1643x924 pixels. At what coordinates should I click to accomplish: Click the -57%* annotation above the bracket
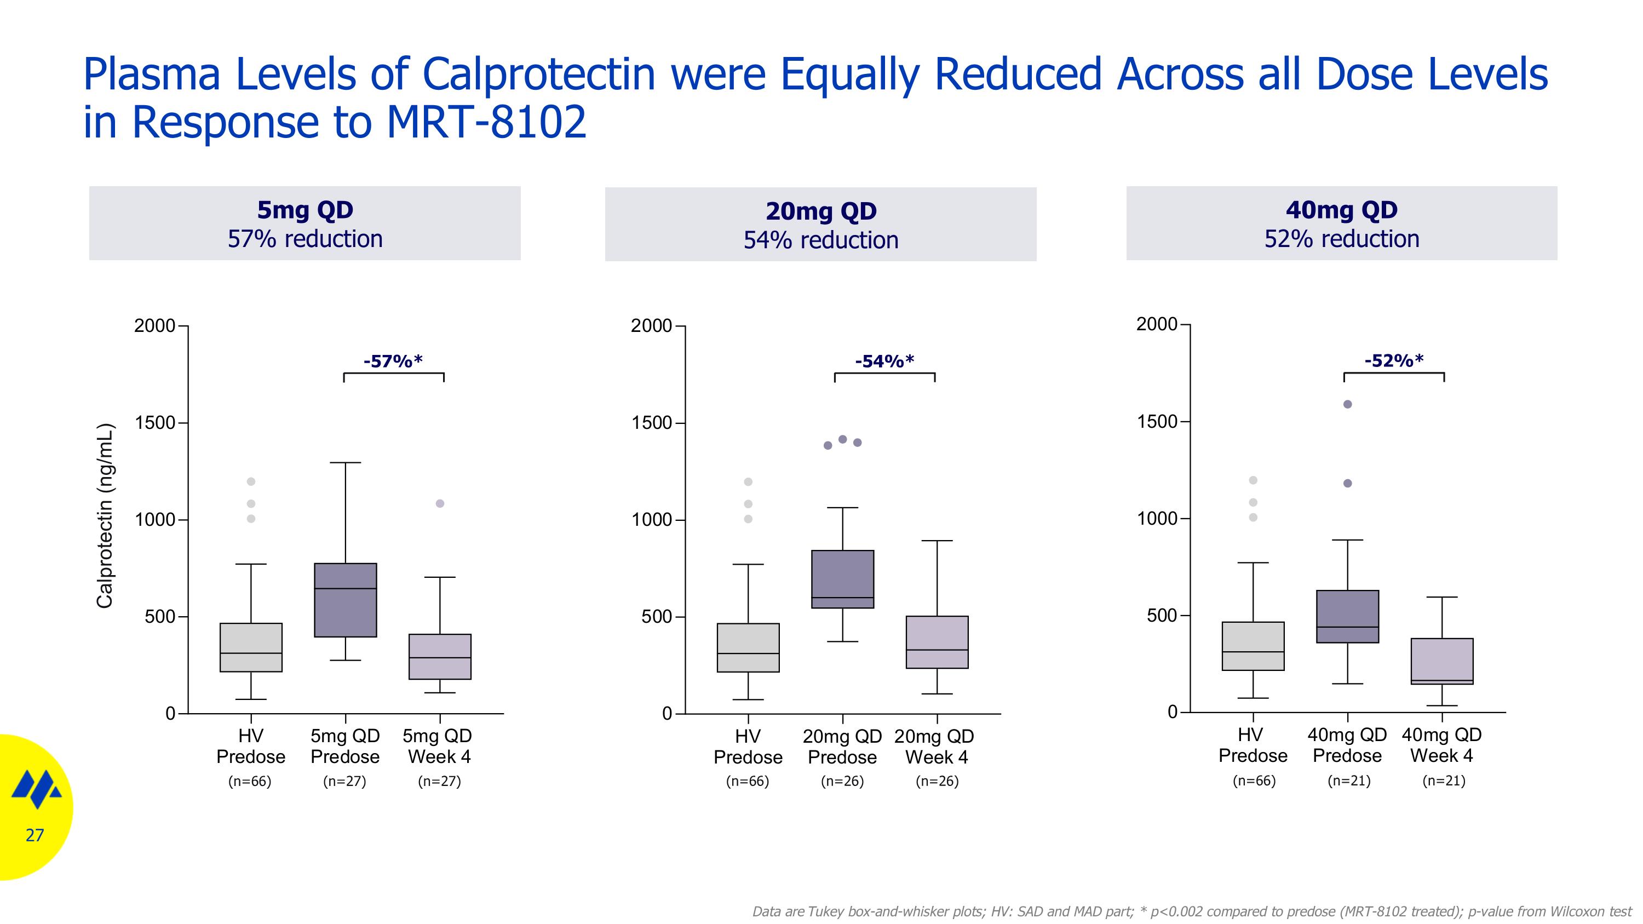click(393, 361)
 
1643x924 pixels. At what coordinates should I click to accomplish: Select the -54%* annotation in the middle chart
click(884, 361)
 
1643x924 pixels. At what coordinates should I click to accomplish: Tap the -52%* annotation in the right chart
click(1394, 360)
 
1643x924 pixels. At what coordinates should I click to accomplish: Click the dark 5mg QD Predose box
click(346, 600)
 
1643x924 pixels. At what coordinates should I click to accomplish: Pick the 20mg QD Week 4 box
click(937, 642)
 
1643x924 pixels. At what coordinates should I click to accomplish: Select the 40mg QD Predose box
click(1348, 617)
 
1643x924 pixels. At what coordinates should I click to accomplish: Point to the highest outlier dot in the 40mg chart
click(1348, 404)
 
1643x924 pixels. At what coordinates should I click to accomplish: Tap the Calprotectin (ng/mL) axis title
click(105, 516)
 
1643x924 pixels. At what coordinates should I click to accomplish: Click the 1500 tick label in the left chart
click(154, 423)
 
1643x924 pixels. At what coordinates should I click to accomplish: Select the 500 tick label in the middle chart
click(657, 617)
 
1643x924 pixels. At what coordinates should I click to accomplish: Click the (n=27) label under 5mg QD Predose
click(345, 781)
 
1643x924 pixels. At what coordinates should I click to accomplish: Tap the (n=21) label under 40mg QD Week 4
click(1444, 780)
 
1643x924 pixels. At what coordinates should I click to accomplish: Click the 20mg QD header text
click(821, 211)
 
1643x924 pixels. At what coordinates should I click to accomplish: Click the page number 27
click(35, 835)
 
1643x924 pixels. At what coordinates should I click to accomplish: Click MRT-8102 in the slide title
click(486, 122)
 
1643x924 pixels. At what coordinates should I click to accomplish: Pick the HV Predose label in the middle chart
click(748, 747)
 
